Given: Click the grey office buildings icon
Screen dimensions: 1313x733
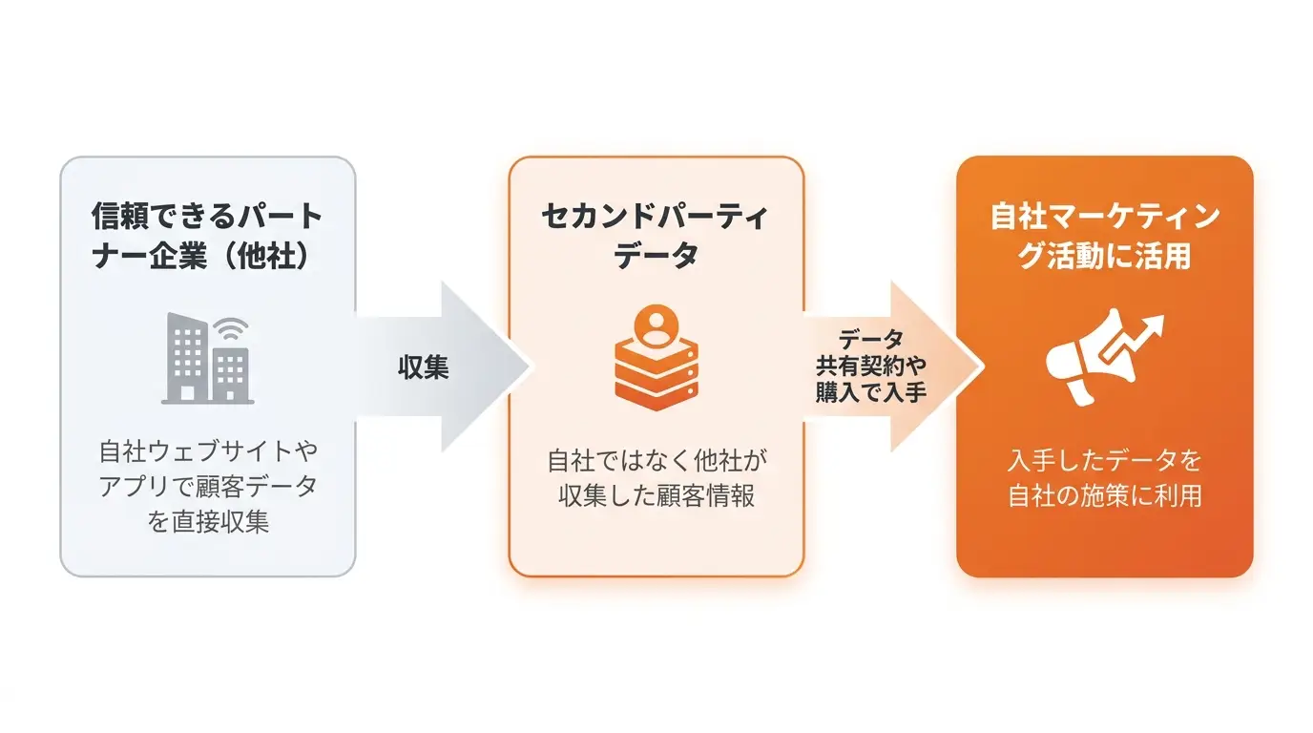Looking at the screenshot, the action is click(207, 358).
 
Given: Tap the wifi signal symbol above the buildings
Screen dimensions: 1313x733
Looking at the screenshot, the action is click(232, 329).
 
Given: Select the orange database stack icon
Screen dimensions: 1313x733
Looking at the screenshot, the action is click(656, 358).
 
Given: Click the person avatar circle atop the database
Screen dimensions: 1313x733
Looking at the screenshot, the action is click(656, 325).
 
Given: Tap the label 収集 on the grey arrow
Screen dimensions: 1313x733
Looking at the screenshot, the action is click(424, 367).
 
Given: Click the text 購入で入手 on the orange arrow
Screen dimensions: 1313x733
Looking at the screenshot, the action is click(870, 392).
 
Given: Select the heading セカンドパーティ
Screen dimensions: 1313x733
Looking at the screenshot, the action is click(655, 217).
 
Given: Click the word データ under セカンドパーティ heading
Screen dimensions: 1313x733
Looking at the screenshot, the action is click(656, 255).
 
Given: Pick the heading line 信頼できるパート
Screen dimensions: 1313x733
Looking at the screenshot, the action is click(207, 216).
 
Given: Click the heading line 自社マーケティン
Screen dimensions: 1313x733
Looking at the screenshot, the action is click(1104, 217).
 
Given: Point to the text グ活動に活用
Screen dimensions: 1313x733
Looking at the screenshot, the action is click(1104, 256).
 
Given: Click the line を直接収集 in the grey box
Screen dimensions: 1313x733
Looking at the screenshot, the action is click(207, 521).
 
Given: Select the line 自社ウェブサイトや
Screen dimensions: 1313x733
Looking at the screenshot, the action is click(208, 450).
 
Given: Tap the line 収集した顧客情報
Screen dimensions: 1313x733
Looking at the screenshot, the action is click(656, 495).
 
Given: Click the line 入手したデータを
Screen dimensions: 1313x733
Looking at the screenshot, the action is click(1104, 460).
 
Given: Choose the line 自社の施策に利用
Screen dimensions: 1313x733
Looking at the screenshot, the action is click(1104, 495).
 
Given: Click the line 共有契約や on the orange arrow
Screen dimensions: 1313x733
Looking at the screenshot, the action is click(870, 366).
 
